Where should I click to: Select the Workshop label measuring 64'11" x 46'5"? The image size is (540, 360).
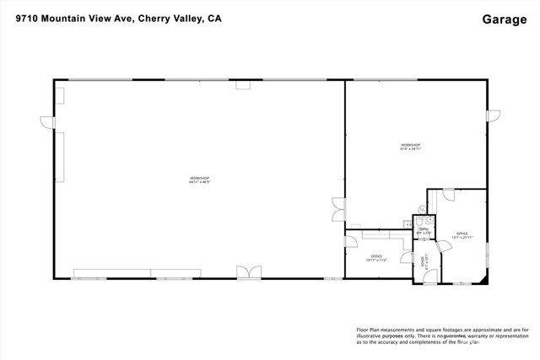coord(199,180)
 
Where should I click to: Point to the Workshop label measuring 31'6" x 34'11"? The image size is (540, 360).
coord(411,147)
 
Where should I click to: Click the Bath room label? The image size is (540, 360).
coord(424,230)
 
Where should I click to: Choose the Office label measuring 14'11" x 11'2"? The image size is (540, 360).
coord(376,258)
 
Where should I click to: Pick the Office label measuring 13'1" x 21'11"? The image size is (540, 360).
coord(462,235)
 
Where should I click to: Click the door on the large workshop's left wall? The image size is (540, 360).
coord(49,123)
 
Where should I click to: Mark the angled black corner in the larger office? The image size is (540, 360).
coord(482,275)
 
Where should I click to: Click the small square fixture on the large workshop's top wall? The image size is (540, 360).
coord(243,84)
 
